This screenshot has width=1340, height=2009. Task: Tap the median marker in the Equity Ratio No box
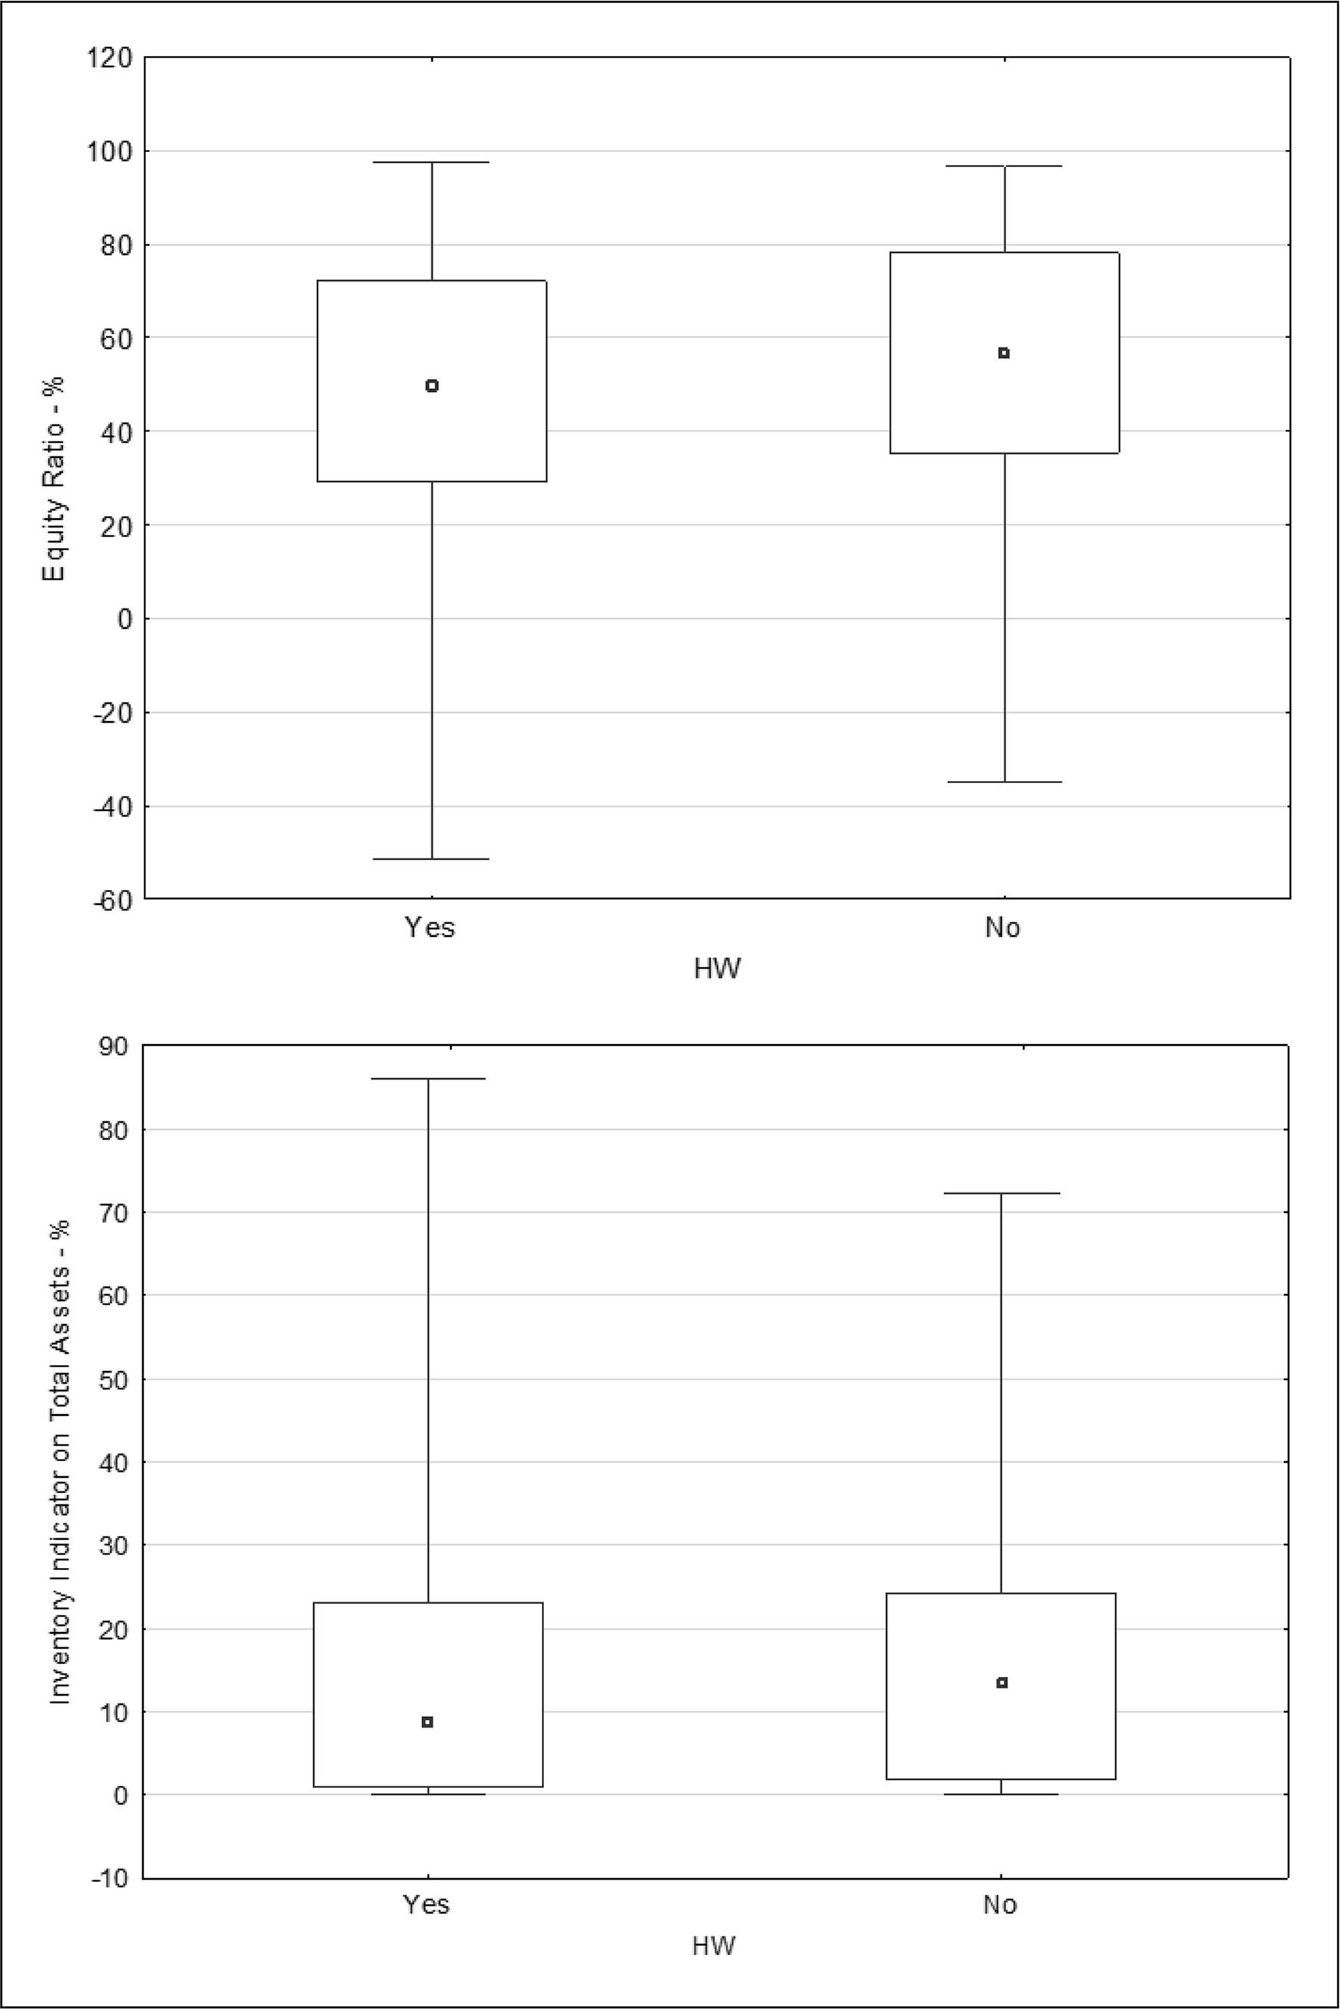point(1004,353)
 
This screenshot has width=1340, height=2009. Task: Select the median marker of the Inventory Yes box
point(427,1722)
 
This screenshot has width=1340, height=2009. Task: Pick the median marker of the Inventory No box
point(1002,1683)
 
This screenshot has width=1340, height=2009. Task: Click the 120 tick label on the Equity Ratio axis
point(107,58)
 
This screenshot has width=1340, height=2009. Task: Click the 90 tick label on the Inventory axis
point(113,1046)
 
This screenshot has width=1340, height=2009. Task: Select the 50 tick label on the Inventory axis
point(113,1379)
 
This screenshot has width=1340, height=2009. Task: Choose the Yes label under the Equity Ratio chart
point(430,928)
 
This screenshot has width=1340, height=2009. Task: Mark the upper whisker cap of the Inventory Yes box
point(427,1079)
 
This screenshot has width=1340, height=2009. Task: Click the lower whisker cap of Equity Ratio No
point(1004,782)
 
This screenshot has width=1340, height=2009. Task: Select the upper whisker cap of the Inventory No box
point(1002,1193)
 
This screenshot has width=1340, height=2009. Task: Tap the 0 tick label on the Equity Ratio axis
point(125,619)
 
